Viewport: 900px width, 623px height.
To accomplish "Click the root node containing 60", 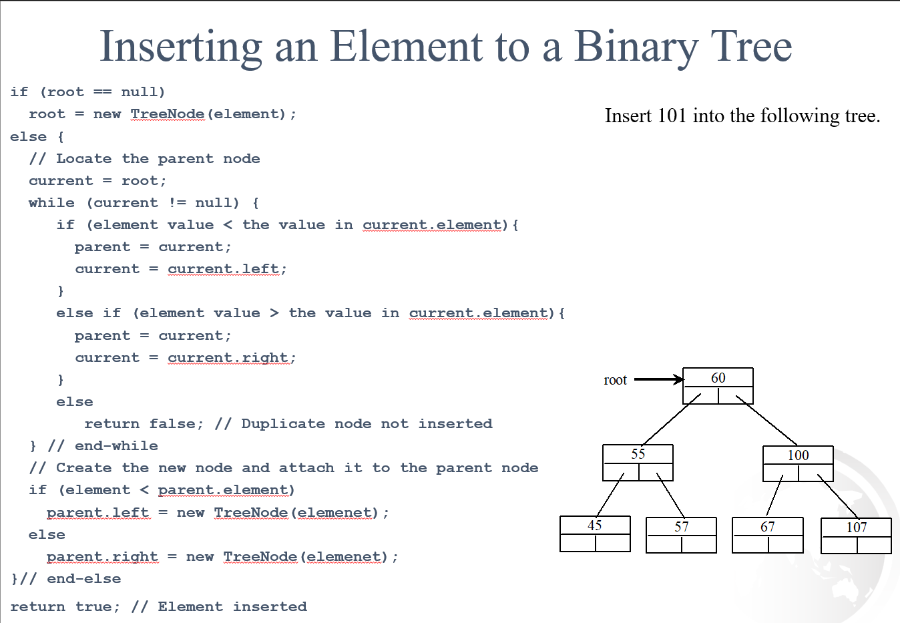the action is [718, 385].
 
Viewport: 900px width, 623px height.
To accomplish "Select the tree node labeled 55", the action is [638, 462].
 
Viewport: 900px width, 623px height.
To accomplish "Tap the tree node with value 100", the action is [798, 463].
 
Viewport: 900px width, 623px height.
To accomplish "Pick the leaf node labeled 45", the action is [595, 534].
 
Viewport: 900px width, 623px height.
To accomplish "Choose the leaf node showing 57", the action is [681, 535].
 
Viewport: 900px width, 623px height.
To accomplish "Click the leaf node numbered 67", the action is [767, 535].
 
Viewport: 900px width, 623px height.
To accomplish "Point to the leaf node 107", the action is [856, 536].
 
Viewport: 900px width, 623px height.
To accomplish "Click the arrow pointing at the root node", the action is [658, 379].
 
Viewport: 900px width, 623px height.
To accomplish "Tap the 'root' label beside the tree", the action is [615, 380].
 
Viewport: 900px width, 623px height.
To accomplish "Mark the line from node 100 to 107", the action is [838, 495].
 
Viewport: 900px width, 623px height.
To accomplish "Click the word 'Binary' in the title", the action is [636, 47].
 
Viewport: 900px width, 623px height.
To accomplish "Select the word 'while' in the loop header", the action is [51, 202].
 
